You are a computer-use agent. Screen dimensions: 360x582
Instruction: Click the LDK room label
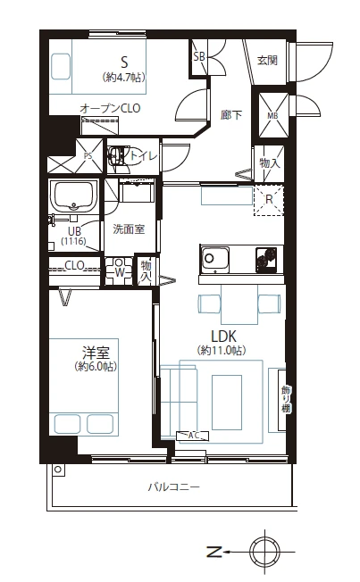(x=223, y=337)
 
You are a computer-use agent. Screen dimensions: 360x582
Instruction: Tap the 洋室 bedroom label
(x=96, y=352)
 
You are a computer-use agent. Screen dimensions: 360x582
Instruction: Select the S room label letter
(x=124, y=62)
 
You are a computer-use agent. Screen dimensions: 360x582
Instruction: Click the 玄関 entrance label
(x=267, y=60)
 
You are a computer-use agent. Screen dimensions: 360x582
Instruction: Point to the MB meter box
(x=273, y=115)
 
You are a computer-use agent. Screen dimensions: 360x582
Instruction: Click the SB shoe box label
(x=199, y=57)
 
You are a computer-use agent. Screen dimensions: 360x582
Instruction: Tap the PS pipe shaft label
(x=88, y=156)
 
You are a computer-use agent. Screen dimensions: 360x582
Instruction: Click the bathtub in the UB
(x=74, y=196)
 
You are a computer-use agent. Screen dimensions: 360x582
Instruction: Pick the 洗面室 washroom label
(x=129, y=229)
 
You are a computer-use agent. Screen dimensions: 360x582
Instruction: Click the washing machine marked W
(x=119, y=271)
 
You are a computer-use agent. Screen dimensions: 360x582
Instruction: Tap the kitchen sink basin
(x=214, y=260)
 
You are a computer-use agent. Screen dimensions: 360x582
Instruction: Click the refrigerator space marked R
(x=269, y=201)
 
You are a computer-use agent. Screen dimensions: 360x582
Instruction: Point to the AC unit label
(x=192, y=436)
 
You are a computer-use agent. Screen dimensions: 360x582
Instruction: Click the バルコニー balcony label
(x=174, y=486)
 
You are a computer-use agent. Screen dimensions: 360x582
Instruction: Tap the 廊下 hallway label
(x=231, y=115)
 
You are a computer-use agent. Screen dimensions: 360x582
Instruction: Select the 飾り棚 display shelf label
(x=285, y=400)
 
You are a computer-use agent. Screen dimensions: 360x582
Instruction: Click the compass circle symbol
(x=265, y=552)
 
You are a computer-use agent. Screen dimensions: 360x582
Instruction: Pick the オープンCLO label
(x=110, y=108)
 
